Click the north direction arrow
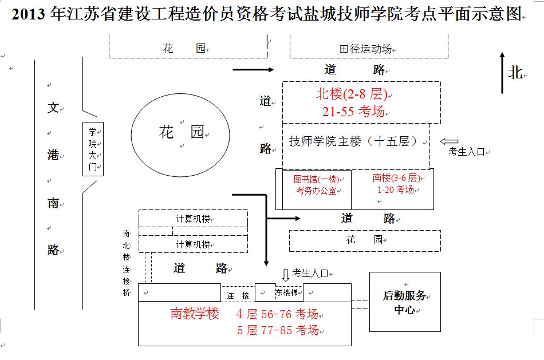click(502, 73)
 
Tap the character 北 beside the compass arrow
click(515, 73)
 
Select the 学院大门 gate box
click(93, 149)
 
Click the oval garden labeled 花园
click(181, 133)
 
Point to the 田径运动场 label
click(365, 49)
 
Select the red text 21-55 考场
click(353, 112)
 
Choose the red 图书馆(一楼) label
click(316, 179)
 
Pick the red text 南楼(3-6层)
click(395, 178)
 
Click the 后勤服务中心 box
click(404, 302)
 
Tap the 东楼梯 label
click(286, 292)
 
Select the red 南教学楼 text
click(195, 314)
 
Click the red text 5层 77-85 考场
click(278, 330)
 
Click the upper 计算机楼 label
click(193, 219)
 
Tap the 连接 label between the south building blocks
click(238, 295)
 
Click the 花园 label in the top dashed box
click(184, 49)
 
